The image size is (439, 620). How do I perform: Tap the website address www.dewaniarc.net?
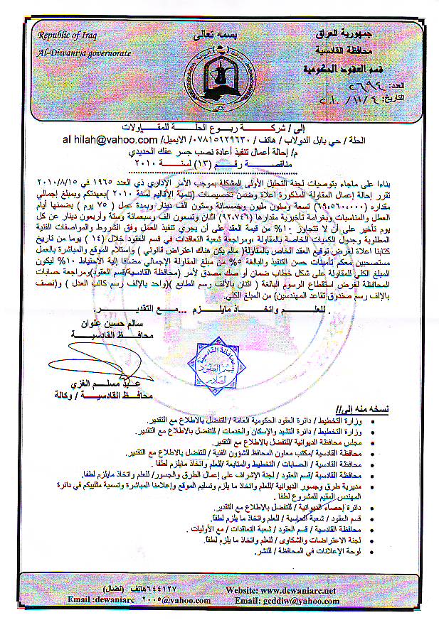pos(297,590)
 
